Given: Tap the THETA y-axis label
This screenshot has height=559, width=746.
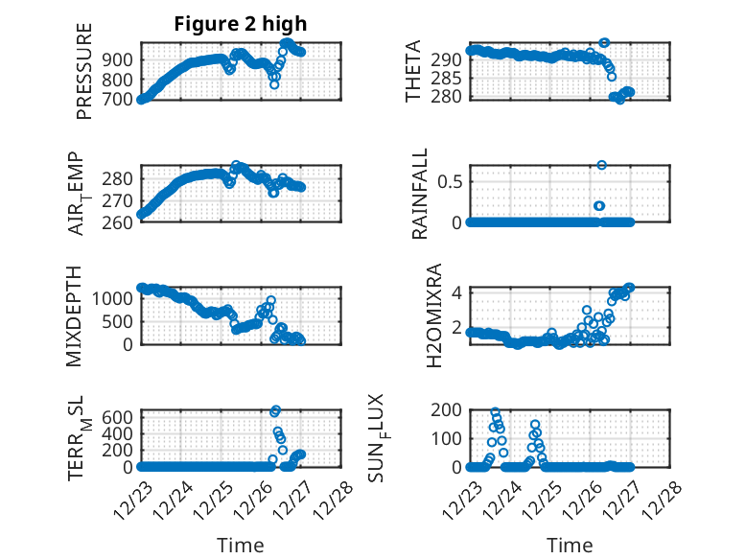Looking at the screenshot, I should click(x=413, y=72).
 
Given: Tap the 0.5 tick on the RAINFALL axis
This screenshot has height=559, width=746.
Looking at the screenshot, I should click(x=449, y=180).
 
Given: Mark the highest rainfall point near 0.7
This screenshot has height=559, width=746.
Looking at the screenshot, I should click(x=601, y=165).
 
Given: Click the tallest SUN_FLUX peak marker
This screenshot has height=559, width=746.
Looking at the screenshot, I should click(x=495, y=412).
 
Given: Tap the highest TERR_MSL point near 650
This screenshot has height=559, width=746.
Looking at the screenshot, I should click(x=276, y=410).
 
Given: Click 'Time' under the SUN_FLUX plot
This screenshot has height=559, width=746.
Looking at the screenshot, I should click(x=570, y=546).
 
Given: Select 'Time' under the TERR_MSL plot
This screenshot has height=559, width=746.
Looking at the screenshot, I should click(x=241, y=546).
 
